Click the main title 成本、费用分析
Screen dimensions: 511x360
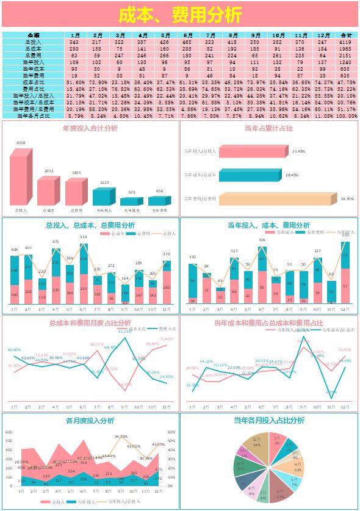pos(180,15)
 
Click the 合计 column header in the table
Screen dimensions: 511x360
pos(346,35)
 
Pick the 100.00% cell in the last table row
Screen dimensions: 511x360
pos(346,115)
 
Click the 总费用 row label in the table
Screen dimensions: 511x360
pos(34,55)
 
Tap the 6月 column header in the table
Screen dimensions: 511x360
pos(188,35)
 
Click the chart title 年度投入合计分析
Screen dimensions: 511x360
pos(90,129)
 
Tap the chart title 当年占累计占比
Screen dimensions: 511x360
pos(268,129)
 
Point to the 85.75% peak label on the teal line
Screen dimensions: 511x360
pos(125,331)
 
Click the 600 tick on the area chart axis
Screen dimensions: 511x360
pos(9,432)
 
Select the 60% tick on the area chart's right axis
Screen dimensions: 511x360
pos(172,432)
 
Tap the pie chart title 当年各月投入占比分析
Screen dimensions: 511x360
pos(268,421)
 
